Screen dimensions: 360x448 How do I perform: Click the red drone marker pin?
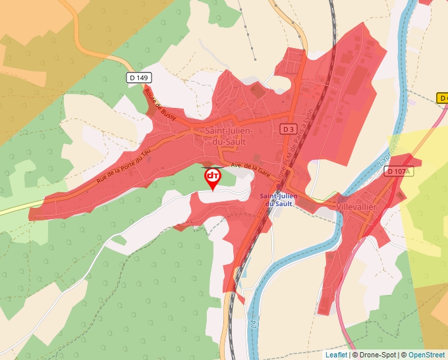213,178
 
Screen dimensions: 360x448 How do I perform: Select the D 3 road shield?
287,129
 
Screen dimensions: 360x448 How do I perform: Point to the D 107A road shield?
398,171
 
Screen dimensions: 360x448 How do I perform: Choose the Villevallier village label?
356,207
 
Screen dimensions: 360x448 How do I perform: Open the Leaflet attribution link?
336,355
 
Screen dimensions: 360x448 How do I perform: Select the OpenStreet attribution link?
426,355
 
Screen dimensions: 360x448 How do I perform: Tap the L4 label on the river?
254,324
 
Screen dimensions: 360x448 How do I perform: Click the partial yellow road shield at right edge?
443,98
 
